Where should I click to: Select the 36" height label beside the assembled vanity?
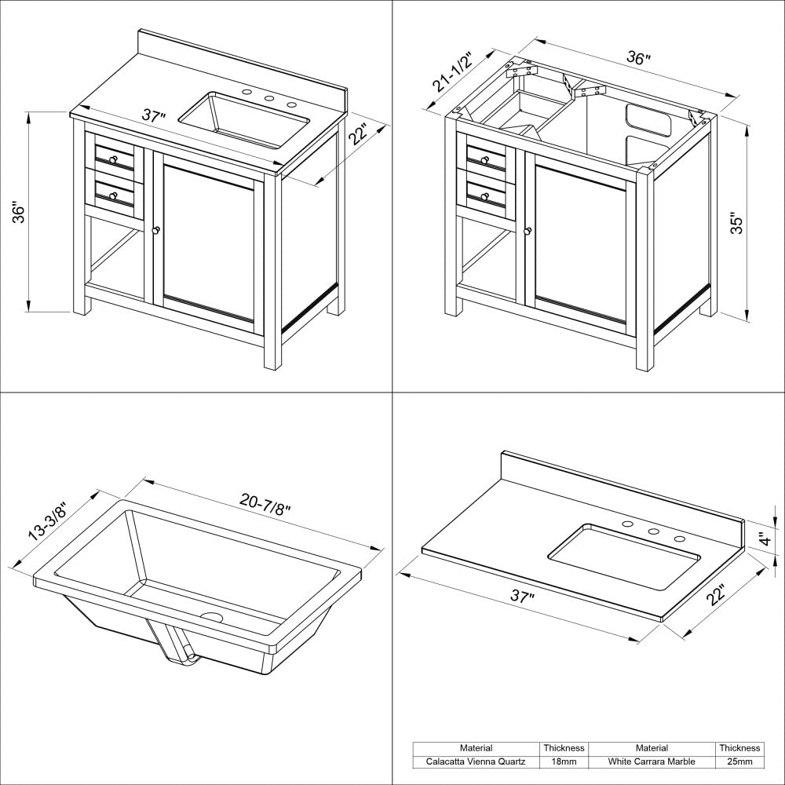tap(21, 213)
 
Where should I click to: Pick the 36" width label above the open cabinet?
tap(638, 59)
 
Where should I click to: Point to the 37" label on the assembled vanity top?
tap(154, 116)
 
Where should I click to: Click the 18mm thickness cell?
tap(564, 761)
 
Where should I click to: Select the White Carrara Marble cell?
tap(652, 761)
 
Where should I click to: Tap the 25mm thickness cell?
tap(739, 761)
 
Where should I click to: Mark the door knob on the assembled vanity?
tap(155, 231)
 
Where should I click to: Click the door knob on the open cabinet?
tap(528, 231)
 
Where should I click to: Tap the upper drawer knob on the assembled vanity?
tap(114, 160)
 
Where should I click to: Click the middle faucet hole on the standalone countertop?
tap(653, 531)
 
